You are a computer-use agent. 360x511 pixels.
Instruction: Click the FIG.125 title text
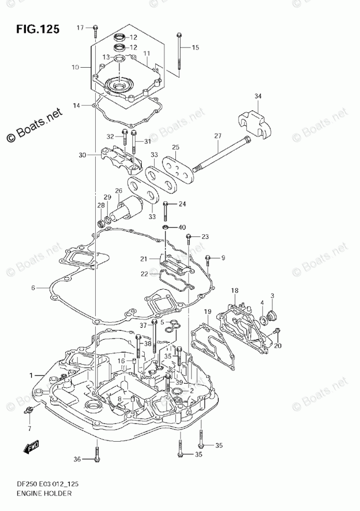pos(37,28)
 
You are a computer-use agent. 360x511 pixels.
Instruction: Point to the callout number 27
pos(218,136)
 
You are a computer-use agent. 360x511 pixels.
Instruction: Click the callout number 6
pos(33,288)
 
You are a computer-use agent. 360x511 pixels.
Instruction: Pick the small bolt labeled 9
pos(207,259)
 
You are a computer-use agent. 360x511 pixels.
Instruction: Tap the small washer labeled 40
pos(164,227)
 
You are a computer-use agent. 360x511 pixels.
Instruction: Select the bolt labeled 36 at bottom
pos(97,454)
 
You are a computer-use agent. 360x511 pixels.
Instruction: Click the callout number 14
pos(76,106)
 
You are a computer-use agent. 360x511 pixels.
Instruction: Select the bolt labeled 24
pos(165,209)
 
